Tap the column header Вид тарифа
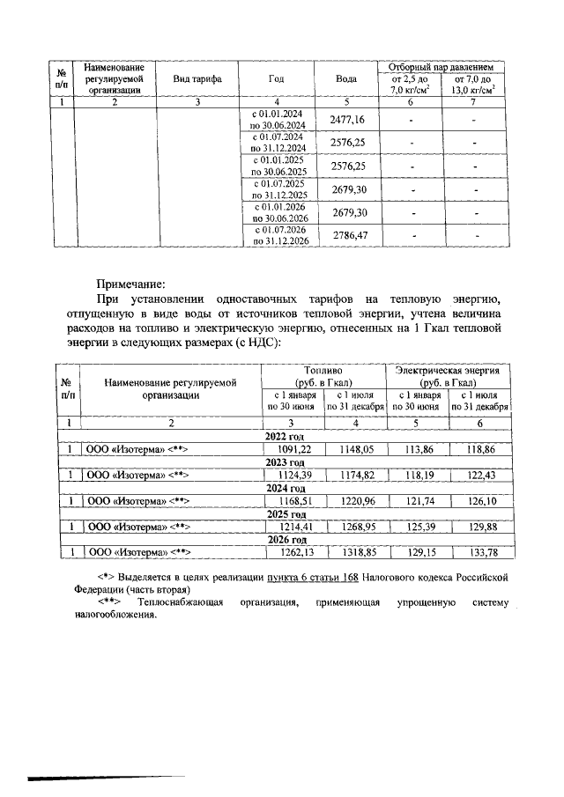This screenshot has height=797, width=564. (x=197, y=79)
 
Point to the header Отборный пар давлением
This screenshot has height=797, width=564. (x=440, y=67)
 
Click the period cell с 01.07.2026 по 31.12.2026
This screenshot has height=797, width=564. (x=278, y=235)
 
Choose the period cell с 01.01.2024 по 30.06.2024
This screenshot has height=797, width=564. (x=278, y=121)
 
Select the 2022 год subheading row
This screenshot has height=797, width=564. (x=284, y=436)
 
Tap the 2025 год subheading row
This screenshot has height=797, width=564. (x=284, y=513)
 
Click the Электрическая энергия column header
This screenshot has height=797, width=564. (x=449, y=377)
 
